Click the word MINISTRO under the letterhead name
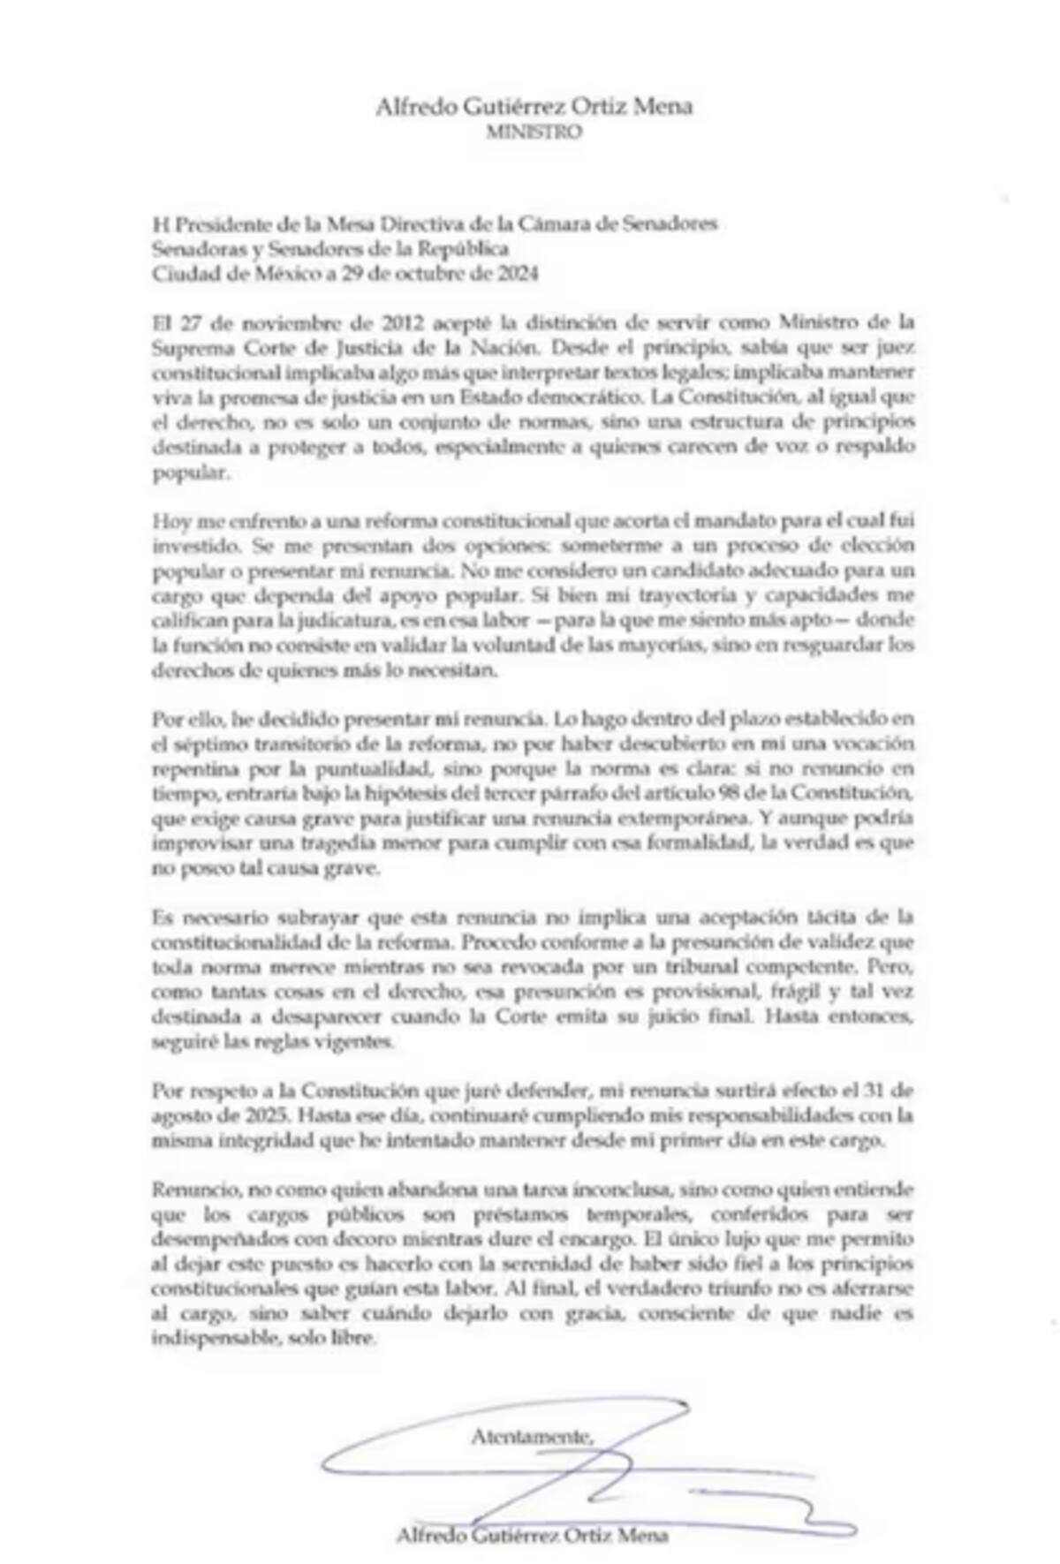534,132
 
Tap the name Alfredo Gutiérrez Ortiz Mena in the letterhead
534,107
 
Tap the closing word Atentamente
533,1436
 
